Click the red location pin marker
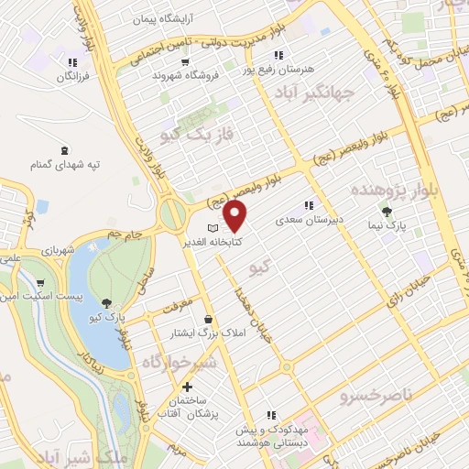coord(235,216)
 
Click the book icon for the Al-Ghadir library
coord(213,227)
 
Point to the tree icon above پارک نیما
coord(397,211)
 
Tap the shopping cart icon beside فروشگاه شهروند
coord(186,62)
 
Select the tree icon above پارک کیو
coord(108,302)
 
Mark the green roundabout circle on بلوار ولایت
coord(171,215)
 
